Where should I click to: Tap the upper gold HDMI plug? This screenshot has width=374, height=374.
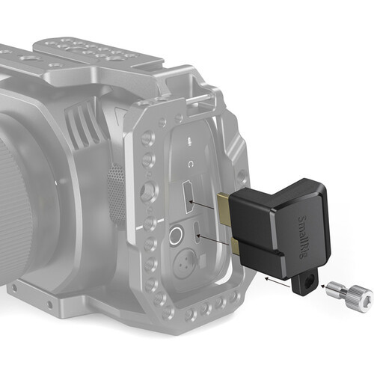coord(223,208)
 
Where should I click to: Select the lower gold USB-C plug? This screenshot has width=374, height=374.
coord(235,245)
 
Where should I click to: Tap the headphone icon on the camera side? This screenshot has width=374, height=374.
coord(191,164)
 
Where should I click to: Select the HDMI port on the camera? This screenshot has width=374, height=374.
coord(188,197)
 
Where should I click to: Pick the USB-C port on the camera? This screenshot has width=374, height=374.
coord(197,233)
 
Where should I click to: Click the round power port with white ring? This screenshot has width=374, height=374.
coord(176,235)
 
